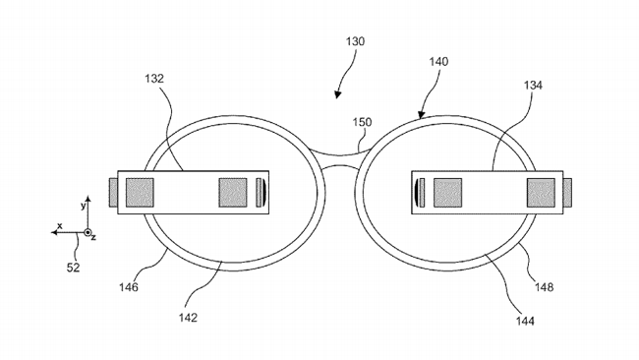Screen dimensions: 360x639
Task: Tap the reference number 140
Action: [x=438, y=61]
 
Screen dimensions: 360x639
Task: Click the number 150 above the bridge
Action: [x=363, y=122]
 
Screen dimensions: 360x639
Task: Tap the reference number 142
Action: [x=189, y=317]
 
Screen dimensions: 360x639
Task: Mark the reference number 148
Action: [x=544, y=287]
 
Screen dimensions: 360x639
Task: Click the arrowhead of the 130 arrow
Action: [x=338, y=95]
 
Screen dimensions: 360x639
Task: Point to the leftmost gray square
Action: [x=140, y=192]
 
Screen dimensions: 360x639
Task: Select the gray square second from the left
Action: [x=232, y=192]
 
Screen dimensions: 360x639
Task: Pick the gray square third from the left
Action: [x=447, y=192]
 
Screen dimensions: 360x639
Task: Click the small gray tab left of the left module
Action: [x=112, y=192]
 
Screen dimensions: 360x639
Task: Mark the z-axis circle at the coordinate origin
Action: [x=87, y=233]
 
